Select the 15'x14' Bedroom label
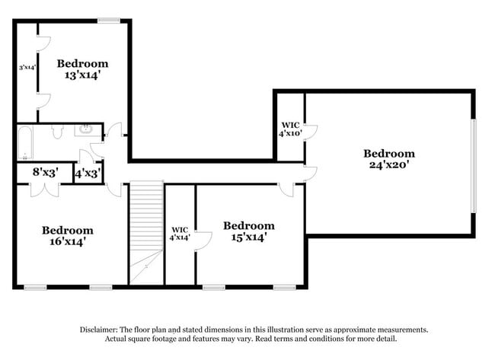(x=248, y=231)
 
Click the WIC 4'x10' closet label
(x=290, y=129)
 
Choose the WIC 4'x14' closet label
(x=180, y=232)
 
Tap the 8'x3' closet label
(x=44, y=173)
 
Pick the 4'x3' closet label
(x=86, y=174)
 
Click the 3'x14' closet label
(x=28, y=68)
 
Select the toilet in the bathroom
(x=56, y=132)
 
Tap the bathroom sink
(x=86, y=131)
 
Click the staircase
(x=146, y=228)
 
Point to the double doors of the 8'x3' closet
(x=44, y=189)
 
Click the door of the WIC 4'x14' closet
(x=203, y=241)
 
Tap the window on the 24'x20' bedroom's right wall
(x=473, y=166)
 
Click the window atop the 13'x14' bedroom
(x=108, y=20)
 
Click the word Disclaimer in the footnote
(x=100, y=330)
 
